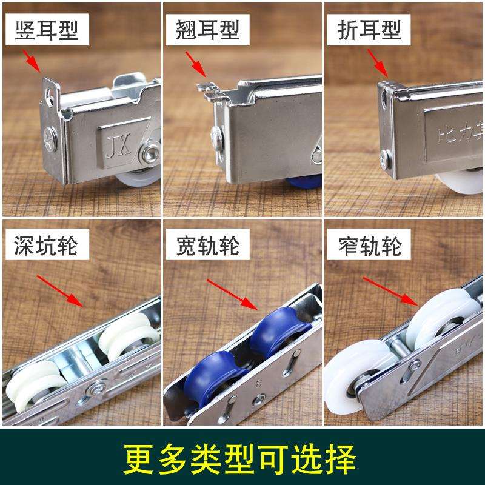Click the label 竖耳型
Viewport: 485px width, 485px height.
(x=43, y=28)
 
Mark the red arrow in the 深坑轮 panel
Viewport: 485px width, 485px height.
(x=61, y=289)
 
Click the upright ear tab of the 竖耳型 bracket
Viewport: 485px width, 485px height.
(x=51, y=91)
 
